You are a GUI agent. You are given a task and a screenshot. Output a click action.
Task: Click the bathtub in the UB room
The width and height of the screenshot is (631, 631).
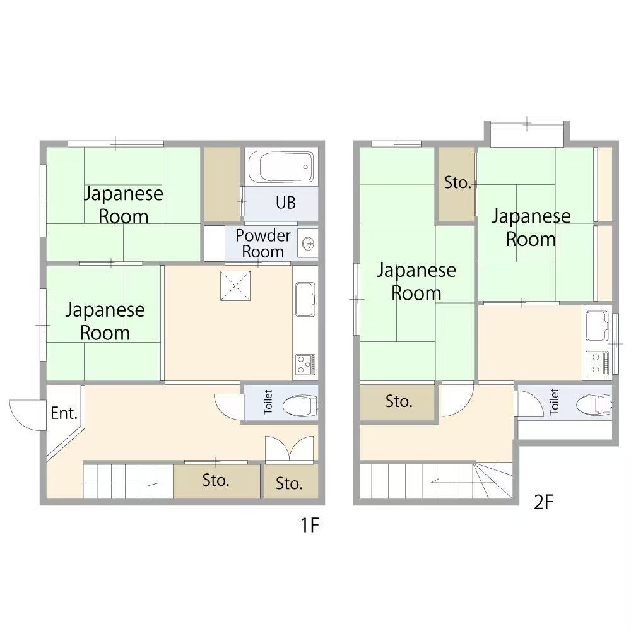[281, 167]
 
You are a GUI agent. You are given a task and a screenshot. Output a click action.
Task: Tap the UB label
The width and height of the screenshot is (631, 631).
[286, 203]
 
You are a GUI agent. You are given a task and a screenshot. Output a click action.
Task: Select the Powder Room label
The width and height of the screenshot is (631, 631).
[262, 244]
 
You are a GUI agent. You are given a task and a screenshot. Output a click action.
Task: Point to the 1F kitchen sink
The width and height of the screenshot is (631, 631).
[305, 299]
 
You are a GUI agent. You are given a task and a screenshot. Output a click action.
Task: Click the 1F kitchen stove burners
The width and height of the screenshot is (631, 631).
[305, 364]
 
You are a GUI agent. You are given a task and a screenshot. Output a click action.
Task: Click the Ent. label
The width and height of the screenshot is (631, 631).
[64, 413]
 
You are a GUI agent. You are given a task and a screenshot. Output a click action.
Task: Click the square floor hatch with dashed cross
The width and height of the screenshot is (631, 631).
[235, 286]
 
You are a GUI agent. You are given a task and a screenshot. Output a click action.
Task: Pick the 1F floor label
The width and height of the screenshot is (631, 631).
[310, 525]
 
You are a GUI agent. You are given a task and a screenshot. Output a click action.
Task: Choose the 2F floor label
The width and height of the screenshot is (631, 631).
[544, 502]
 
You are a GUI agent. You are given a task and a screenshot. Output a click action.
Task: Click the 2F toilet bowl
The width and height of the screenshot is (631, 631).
[594, 404]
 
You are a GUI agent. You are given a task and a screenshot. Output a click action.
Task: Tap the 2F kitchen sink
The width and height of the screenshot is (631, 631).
[597, 326]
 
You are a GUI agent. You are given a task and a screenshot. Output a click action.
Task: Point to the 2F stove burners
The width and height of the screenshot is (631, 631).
[597, 363]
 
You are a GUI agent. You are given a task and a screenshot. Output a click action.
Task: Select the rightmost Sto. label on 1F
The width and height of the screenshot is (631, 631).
[289, 483]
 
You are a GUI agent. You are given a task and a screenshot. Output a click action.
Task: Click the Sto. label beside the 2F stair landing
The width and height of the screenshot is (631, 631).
[399, 401]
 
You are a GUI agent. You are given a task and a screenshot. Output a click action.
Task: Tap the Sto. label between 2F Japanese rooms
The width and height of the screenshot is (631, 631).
[457, 183]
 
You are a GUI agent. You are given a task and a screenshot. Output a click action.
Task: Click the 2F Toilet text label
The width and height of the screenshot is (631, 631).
[555, 401]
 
